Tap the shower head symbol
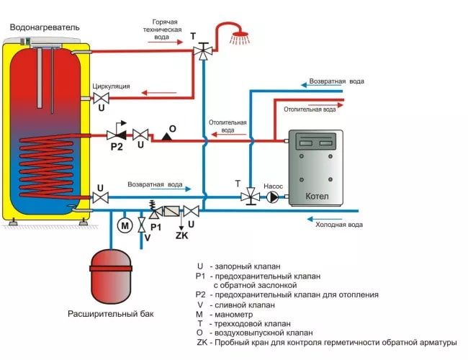tap(240, 38)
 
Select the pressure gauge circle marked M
tap(125, 225)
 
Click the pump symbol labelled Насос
tap(272, 197)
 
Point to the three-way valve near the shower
tap(203, 51)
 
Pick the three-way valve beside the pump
tap(250, 197)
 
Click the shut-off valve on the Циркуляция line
tap(102, 98)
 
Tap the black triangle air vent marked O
tap(166, 137)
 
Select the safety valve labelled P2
tap(117, 135)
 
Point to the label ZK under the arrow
tap(181, 235)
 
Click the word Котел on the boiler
tap(317, 197)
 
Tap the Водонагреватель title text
tap(45, 27)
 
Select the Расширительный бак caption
tap(111, 314)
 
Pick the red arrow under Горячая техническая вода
tap(165, 42)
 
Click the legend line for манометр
tap(224, 315)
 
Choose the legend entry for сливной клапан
tap(235, 305)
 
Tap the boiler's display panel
tap(316, 141)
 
